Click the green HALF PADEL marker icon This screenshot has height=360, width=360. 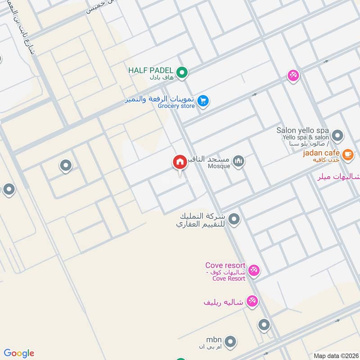coord(182,72)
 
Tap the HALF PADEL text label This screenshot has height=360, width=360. coord(150,71)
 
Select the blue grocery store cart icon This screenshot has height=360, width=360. coord(203,101)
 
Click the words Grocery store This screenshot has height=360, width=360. coord(176,106)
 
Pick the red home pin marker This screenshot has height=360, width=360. coord(180,162)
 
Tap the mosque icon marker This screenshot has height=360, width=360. coord(238,160)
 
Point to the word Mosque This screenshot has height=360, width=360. coord(220,166)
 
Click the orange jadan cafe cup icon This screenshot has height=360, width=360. coord(347,155)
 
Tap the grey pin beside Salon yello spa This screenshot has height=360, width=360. coord(337,135)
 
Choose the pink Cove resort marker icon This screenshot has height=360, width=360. coord(254,270)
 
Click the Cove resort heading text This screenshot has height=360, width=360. coord(225,265)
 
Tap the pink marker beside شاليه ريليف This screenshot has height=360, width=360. coord(252,301)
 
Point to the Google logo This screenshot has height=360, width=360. coord(19,353)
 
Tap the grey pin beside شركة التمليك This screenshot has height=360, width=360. coord(234,219)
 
